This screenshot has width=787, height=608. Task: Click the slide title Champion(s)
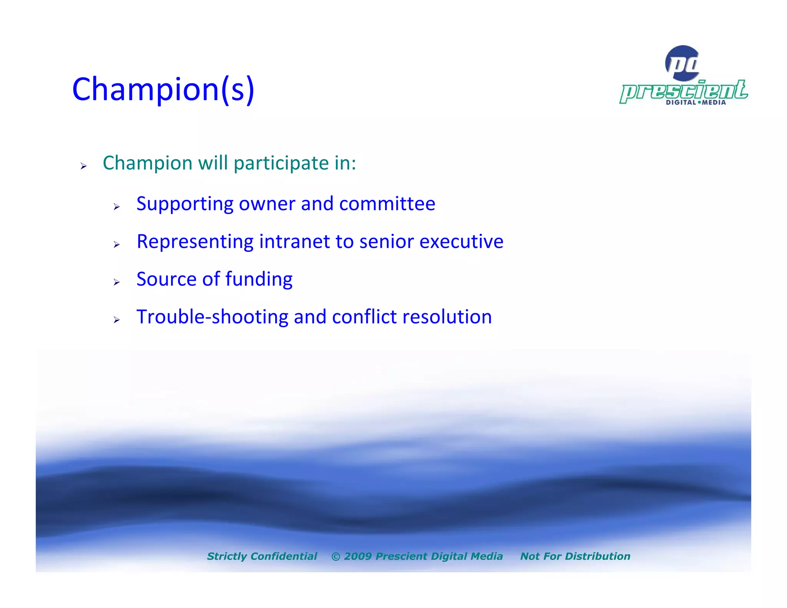163,89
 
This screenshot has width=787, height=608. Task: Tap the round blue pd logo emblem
682,63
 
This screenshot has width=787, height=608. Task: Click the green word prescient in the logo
684,91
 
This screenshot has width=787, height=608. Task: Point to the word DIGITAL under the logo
681,103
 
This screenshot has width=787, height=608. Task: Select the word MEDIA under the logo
714,103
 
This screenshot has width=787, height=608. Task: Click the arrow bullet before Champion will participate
83,166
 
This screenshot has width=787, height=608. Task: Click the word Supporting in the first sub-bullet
185,204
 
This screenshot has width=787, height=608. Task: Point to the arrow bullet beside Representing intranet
117,244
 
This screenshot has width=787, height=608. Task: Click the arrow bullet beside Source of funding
117,282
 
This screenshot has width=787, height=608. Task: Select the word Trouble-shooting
212,317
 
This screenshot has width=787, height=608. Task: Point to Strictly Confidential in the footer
262,556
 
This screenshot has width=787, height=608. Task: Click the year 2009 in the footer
357,556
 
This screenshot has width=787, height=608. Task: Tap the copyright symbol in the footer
335,557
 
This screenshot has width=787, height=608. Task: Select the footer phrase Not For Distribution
575,556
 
